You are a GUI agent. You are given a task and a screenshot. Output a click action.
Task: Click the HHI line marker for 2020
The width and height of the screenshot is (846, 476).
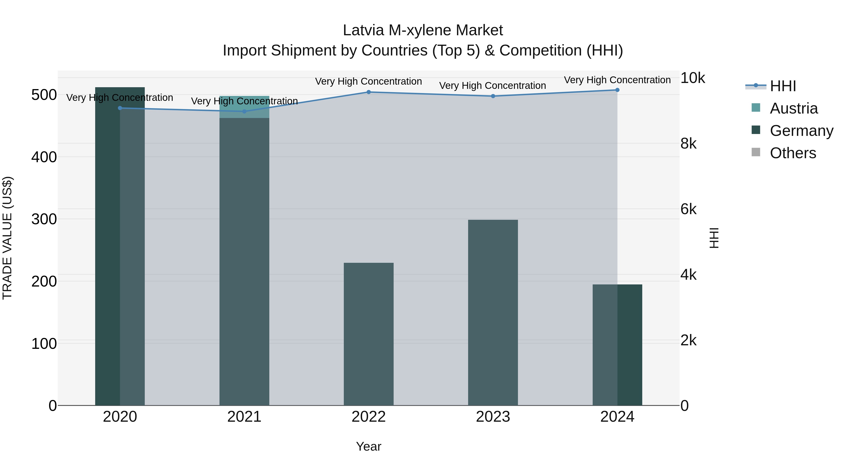(120, 108)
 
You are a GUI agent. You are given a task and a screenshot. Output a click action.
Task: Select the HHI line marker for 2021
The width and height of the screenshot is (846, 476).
(244, 111)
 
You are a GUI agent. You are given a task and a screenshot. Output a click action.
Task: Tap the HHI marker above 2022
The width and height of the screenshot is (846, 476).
(368, 92)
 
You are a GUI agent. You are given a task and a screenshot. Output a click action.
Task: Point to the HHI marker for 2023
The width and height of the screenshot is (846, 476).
(493, 96)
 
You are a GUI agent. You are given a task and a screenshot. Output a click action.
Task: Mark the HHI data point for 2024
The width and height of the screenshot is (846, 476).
(617, 90)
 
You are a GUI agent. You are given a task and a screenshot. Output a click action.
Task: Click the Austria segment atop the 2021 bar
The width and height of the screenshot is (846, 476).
(244, 107)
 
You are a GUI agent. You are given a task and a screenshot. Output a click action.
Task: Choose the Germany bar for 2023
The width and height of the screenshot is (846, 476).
(493, 312)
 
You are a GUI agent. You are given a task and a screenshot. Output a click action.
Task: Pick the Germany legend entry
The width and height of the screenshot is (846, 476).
(801, 131)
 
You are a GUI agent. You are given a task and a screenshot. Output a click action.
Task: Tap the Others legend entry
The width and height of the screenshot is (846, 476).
(793, 153)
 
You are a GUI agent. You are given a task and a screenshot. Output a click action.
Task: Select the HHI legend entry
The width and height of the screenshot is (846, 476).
(783, 86)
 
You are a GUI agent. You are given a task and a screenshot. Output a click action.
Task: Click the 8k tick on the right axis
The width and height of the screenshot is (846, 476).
(688, 144)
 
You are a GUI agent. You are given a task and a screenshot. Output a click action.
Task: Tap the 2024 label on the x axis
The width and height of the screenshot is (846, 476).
(617, 417)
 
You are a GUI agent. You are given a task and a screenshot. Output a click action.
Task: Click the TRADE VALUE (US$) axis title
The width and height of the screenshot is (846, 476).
(7, 238)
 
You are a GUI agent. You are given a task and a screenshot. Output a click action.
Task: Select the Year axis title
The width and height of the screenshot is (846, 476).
(368, 446)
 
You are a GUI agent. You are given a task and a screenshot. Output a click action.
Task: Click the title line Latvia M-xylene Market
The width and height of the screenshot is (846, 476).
(423, 30)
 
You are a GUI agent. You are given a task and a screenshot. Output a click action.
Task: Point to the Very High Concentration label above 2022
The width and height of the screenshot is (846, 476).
(368, 81)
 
